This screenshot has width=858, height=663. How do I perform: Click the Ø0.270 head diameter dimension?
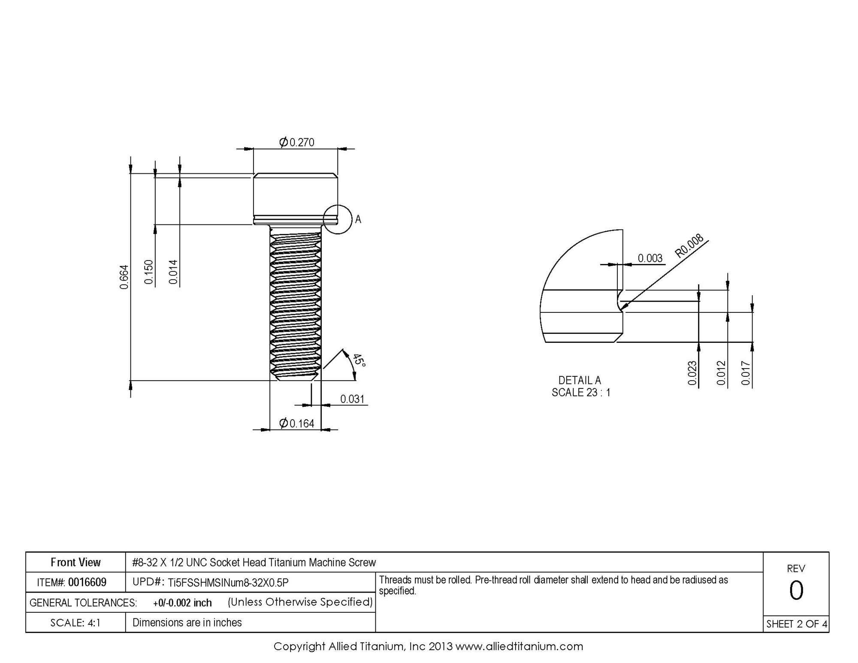coord(297,142)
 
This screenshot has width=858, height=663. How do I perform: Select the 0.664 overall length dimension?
coord(124,277)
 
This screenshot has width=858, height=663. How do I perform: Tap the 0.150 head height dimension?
coord(148,272)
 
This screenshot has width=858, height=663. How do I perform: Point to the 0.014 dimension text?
coord(173,272)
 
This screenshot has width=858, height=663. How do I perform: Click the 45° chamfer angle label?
coord(359,360)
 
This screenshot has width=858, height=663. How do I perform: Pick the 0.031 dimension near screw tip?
coord(352,399)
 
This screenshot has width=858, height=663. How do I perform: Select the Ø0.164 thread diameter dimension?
coord(297,424)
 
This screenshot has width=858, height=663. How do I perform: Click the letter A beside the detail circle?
coord(358,220)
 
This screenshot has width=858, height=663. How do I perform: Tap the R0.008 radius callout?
coord(689,245)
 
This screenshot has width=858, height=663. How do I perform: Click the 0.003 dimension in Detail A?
coord(650,258)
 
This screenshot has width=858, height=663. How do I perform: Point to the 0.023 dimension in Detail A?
coord(692,373)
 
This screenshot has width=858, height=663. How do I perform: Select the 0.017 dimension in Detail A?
coord(746,373)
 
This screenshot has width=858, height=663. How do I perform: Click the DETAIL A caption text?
coord(579,380)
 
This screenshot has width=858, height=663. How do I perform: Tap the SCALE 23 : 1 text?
coord(581,392)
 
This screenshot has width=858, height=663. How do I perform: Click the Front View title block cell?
coord(76,562)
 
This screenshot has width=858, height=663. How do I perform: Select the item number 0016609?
coord(88,582)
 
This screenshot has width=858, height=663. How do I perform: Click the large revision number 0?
coord(796,590)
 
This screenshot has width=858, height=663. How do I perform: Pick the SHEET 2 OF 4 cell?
coord(796,624)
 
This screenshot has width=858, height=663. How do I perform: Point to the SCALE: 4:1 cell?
coord(76,623)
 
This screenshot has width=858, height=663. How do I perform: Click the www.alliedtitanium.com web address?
coord(519,646)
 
